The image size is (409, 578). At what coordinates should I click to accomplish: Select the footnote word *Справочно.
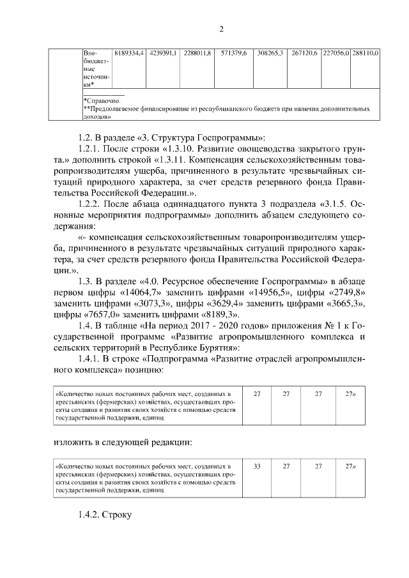click(x=102, y=101)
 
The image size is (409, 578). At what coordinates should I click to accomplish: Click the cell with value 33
click(x=258, y=467)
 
